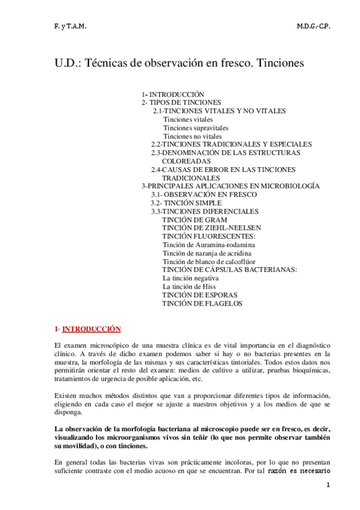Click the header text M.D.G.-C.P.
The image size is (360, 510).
(313, 28)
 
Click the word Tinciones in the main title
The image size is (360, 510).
(281, 62)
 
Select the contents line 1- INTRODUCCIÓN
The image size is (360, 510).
(173, 94)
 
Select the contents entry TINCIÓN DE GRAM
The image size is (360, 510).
(194, 220)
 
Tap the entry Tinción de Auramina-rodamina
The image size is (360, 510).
(209, 245)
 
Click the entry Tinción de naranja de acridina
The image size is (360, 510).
(209, 253)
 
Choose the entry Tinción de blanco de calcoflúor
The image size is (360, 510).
(211, 262)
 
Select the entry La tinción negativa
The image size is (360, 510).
(191, 278)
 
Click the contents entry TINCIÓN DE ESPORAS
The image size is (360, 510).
(200, 295)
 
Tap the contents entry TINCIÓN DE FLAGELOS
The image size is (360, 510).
(202, 304)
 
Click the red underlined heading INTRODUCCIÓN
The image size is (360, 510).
(91, 329)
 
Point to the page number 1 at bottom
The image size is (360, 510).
(328, 485)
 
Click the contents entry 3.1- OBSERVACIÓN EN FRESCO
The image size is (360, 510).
(204, 195)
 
